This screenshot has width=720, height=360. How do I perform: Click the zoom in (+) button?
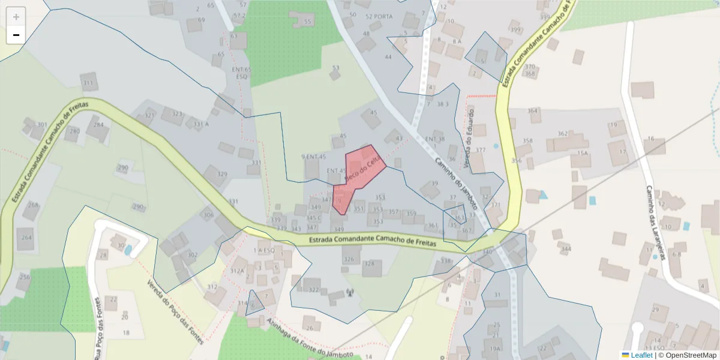[x=16, y=16]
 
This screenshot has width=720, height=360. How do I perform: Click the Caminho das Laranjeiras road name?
[x=657, y=222]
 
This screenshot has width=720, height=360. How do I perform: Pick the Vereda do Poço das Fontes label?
[x=176, y=312]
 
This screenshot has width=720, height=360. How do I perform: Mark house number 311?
[x=89, y=83]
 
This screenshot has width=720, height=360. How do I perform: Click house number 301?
[x=42, y=125]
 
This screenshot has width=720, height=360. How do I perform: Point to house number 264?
[x=26, y=238]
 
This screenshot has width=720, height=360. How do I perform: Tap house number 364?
[x=533, y=111]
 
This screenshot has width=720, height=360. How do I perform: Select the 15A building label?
[x=582, y=154]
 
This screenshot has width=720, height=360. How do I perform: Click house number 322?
[x=314, y=290]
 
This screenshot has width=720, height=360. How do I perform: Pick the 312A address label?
[x=237, y=271]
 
